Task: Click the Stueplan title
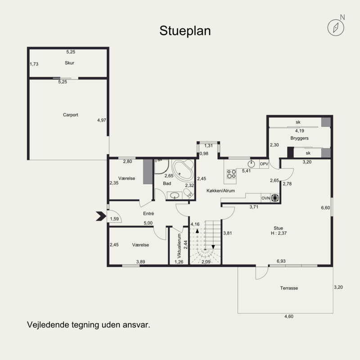pos(185,31)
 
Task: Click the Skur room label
pos(69,63)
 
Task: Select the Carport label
pos(71,115)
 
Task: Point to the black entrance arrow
pos(101,216)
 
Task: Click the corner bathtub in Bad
pos(183,170)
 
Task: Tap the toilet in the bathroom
pos(188,193)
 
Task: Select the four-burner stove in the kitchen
pos(231,174)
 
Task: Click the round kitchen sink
pos(252,164)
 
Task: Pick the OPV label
pos(264,164)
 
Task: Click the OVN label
pos(265,198)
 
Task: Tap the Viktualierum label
pos(179,246)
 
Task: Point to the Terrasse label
pos(289,288)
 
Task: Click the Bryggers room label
pos(299,138)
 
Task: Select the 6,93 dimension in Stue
pos(281,261)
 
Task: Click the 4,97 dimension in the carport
pos(102,120)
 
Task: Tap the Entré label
pos(148,213)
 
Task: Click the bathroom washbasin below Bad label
pos(175,195)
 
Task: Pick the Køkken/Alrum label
pos(220,190)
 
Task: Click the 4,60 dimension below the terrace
pos(289,316)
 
